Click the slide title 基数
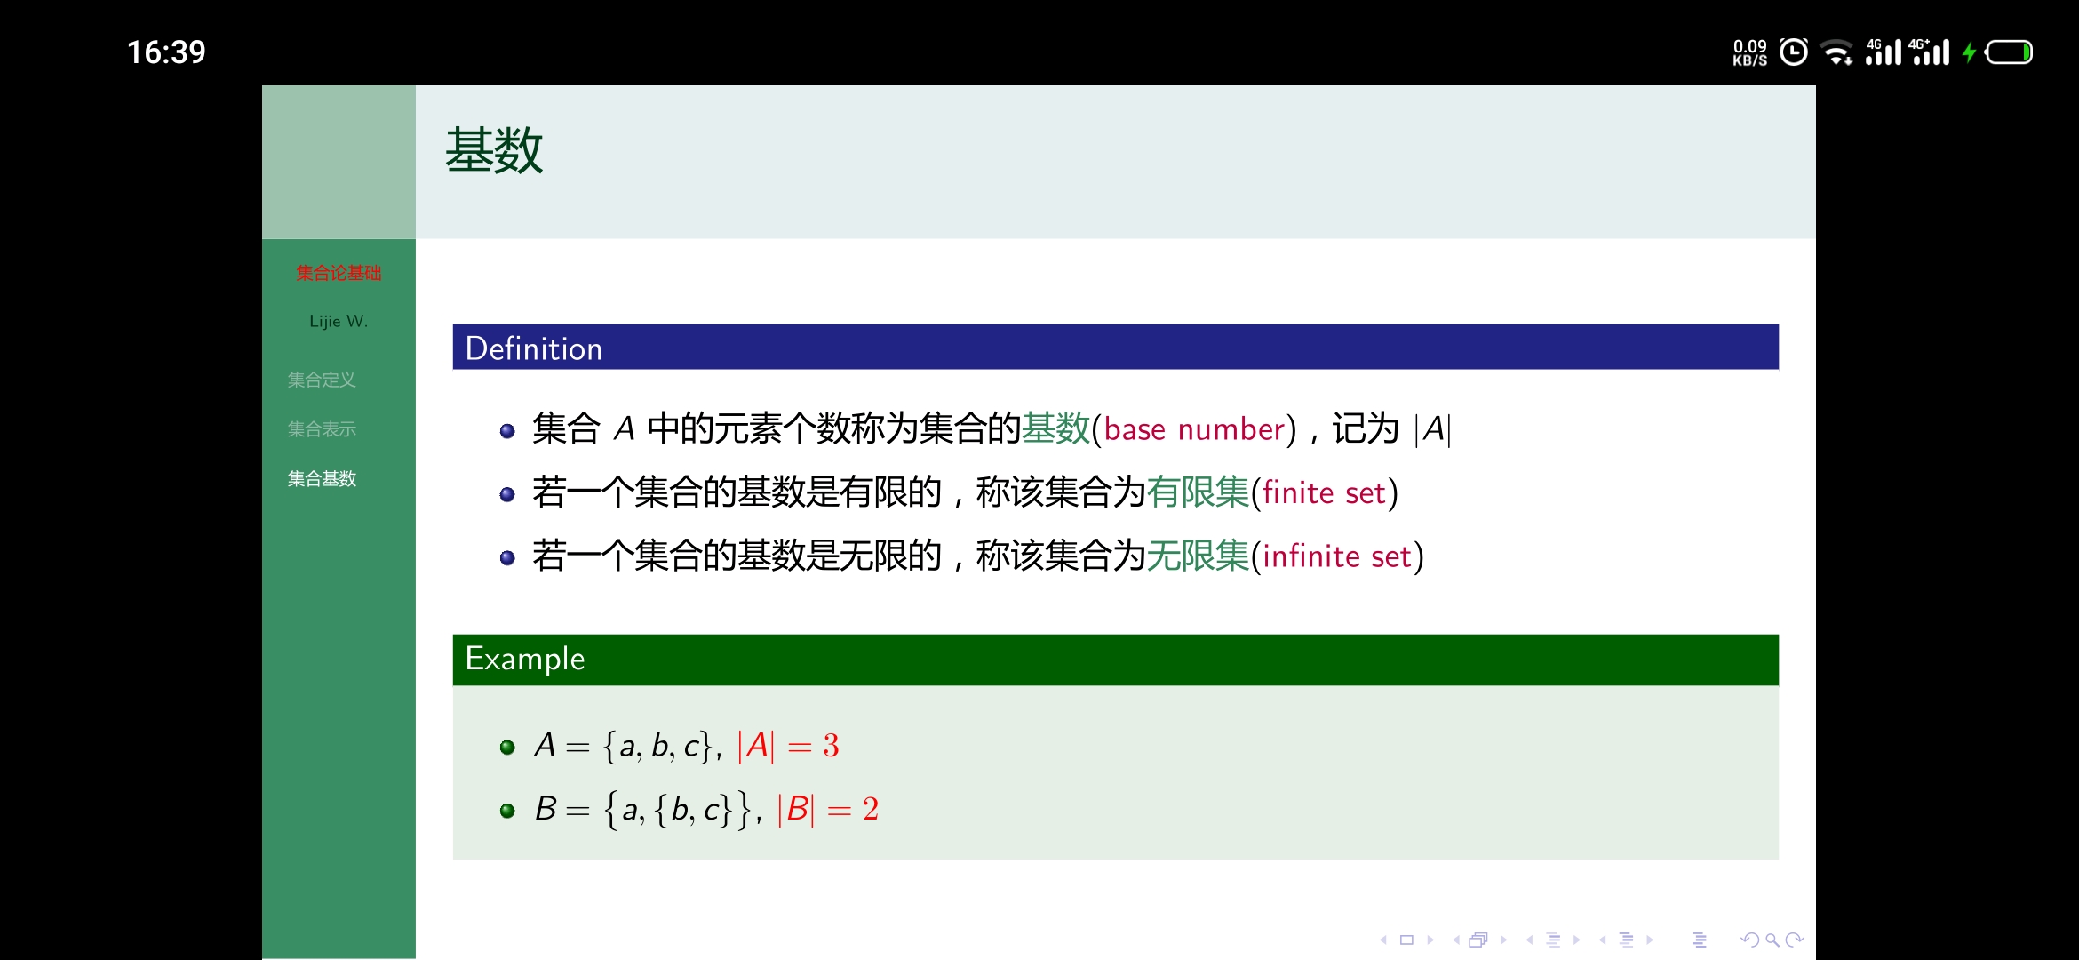pos(494,150)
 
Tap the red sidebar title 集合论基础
pos(339,273)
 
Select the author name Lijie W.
pos(339,321)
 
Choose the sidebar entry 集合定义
pos(322,380)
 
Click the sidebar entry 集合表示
pos(322,429)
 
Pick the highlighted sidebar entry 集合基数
pos(322,479)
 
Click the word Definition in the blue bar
pos(534,348)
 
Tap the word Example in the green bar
pos(525,659)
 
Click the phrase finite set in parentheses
pos(1324,492)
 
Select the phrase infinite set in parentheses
pos(1337,556)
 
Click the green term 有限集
pos(1198,492)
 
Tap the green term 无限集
pos(1198,556)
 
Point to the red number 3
pos(831,746)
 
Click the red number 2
pos(871,809)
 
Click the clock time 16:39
pos(166,52)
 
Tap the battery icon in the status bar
pos(2009,52)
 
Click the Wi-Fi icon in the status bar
pos(1836,53)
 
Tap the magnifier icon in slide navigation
pos(1772,940)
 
